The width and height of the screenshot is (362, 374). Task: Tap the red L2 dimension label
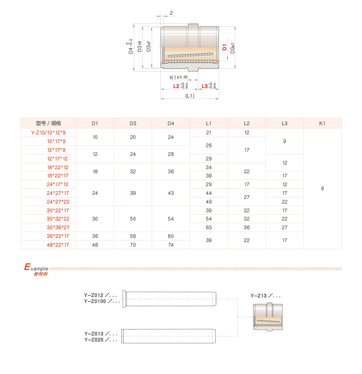pos(176,86)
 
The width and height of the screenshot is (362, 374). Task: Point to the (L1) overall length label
pos(189,96)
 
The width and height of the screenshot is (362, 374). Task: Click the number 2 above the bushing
pos(171,13)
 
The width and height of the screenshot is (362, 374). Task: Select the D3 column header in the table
pos(133,123)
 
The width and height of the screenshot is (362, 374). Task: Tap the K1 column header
pos(322,123)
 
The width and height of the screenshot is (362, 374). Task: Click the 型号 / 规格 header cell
pos(49,123)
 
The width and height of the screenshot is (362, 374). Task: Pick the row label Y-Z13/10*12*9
pos(49,133)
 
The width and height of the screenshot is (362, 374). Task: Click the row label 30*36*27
pos(57,227)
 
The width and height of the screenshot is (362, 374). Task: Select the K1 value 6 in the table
pos(323,188)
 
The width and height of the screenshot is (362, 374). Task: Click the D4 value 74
pos(171,245)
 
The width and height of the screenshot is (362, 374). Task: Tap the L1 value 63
pos(208,227)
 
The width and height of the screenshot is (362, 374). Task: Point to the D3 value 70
pos(133,245)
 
